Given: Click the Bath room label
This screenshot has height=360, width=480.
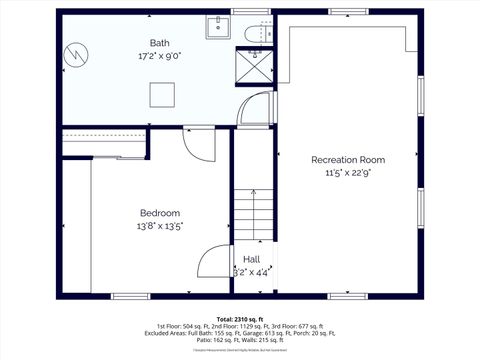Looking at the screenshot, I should [159, 43].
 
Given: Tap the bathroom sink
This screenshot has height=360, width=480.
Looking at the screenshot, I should [219, 28].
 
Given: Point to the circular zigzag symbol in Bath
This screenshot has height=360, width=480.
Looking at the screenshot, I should [76, 55].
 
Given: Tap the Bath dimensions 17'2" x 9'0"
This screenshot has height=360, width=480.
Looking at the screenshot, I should [159, 56].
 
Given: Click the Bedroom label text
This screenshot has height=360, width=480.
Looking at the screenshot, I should [159, 213].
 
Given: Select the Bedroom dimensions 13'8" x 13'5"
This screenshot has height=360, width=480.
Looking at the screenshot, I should [159, 226].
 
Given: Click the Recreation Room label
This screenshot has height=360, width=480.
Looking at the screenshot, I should [347, 160].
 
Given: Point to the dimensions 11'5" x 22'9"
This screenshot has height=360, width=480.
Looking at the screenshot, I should [347, 173].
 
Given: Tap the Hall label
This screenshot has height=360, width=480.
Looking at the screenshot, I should [251, 259].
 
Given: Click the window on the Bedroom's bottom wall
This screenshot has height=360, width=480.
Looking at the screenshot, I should [130, 295].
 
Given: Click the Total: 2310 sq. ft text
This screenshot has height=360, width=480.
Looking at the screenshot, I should [239, 318].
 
